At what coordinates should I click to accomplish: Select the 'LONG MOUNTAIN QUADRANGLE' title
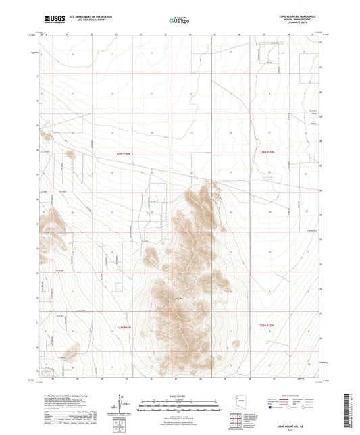coord(297,16)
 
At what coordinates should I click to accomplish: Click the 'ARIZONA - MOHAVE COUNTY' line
coord(297,20)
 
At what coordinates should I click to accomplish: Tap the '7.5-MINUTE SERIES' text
coord(297,24)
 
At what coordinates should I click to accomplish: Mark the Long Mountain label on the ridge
coord(179,300)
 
